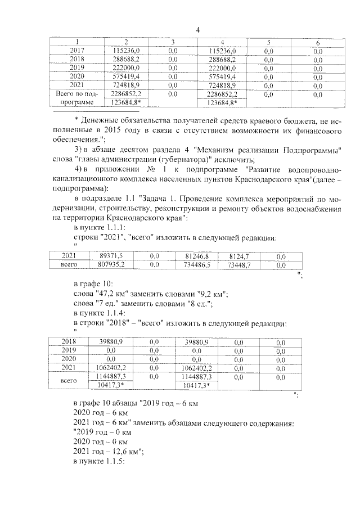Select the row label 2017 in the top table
(76, 51)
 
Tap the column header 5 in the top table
(268, 43)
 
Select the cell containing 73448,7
(236, 264)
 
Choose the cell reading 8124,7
(236, 256)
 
